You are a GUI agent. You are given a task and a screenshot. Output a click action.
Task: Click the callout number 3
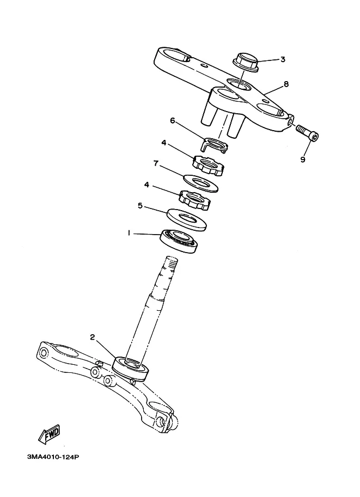(283, 59)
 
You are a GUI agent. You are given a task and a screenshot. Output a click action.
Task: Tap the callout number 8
(286, 84)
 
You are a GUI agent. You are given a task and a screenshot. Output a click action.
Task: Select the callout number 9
(303, 159)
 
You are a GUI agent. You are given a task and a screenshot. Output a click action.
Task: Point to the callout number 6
(173, 121)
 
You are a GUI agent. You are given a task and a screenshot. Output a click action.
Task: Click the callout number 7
(156, 163)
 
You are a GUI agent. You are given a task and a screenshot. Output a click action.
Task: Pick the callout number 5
(140, 206)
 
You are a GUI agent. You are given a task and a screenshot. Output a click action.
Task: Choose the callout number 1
(129, 233)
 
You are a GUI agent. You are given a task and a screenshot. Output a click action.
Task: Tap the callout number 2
(92, 337)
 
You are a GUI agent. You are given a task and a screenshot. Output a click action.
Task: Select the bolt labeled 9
(308, 134)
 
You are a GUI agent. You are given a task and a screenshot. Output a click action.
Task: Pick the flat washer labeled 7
(200, 183)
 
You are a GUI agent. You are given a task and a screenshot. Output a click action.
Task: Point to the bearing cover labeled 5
(186, 219)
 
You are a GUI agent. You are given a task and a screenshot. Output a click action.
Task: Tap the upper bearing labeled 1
(179, 241)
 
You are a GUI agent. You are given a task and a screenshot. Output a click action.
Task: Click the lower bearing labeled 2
(131, 369)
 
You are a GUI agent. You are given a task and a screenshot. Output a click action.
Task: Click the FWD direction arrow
(49, 434)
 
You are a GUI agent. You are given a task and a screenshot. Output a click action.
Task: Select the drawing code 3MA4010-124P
(53, 457)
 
